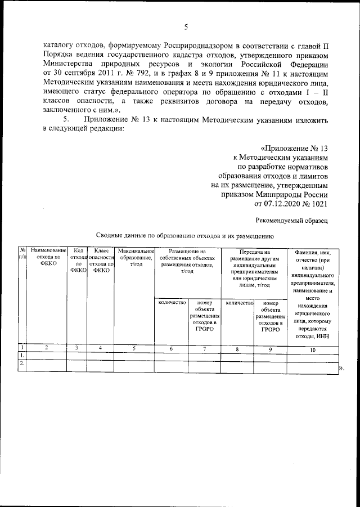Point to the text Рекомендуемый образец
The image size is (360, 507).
[291, 220]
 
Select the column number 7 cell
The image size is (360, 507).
[205, 349]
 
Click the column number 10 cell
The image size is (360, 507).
[313, 349]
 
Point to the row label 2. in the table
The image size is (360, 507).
[22, 363]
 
